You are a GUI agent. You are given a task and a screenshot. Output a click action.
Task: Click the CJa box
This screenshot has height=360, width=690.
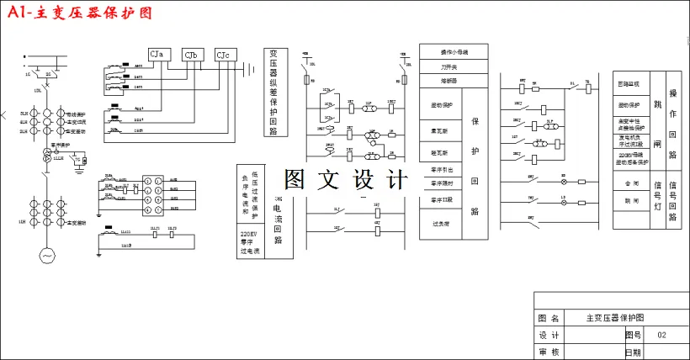pyautogui.click(x=159, y=55)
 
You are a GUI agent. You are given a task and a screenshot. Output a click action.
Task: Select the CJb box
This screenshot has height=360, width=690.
pyautogui.click(x=194, y=56)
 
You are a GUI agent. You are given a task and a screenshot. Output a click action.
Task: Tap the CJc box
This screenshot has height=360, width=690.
pyautogui.click(x=226, y=56)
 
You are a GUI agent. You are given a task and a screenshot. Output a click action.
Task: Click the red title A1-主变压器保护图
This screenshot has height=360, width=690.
pyautogui.click(x=78, y=14)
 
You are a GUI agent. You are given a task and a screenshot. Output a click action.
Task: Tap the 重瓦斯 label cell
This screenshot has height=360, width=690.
pyautogui.click(x=440, y=131)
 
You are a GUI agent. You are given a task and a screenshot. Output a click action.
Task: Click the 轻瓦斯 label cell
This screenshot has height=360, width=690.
pyautogui.click(x=440, y=154)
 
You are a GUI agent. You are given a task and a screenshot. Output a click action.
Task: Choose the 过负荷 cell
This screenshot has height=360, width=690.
pyautogui.click(x=440, y=225)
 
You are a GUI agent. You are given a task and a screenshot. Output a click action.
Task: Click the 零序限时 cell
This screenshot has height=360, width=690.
pyautogui.click(x=440, y=183)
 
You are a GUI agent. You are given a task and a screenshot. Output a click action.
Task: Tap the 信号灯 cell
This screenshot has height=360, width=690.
pyautogui.click(x=657, y=199)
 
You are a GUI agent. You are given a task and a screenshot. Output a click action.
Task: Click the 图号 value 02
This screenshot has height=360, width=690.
pyautogui.click(x=661, y=335)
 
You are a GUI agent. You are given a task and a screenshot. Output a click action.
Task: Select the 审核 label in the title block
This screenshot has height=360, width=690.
pyautogui.click(x=549, y=352)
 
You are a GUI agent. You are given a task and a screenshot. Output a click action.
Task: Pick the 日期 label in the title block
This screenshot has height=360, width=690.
pyautogui.click(x=632, y=352)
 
